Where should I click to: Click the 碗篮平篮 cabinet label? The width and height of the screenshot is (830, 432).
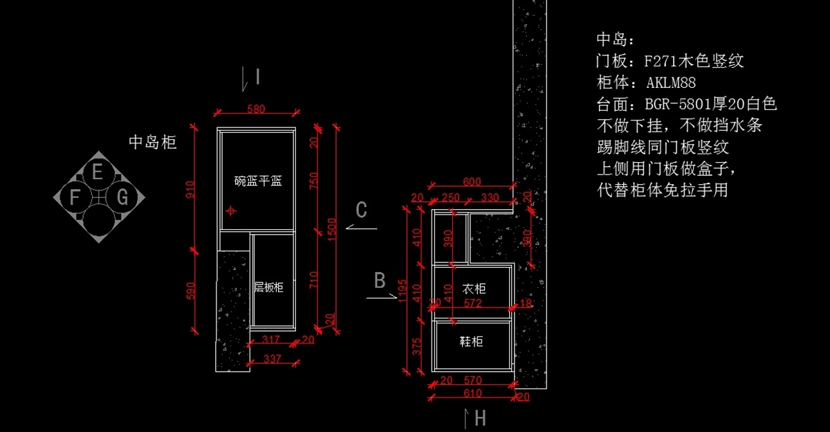point(258,181)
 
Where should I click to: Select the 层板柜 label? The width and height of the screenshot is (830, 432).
point(268,287)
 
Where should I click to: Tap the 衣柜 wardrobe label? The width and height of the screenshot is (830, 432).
point(473,288)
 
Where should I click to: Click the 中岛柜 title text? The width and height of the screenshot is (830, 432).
point(153,143)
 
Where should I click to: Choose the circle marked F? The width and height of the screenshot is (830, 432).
point(74,198)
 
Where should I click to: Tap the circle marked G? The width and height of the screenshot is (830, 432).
point(122,198)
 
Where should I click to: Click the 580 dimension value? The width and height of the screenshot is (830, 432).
point(257,109)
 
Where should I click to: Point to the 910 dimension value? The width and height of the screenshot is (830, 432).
point(191,189)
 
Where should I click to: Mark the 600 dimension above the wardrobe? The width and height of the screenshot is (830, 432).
point(472,182)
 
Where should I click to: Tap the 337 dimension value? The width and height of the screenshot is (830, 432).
point(273,359)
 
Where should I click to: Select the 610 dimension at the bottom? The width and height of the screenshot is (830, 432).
point(472,393)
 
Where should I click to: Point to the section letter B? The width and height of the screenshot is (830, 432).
point(380,280)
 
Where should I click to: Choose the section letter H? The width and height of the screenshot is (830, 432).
point(480,418)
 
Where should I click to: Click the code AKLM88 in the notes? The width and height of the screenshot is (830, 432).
point(671,83)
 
